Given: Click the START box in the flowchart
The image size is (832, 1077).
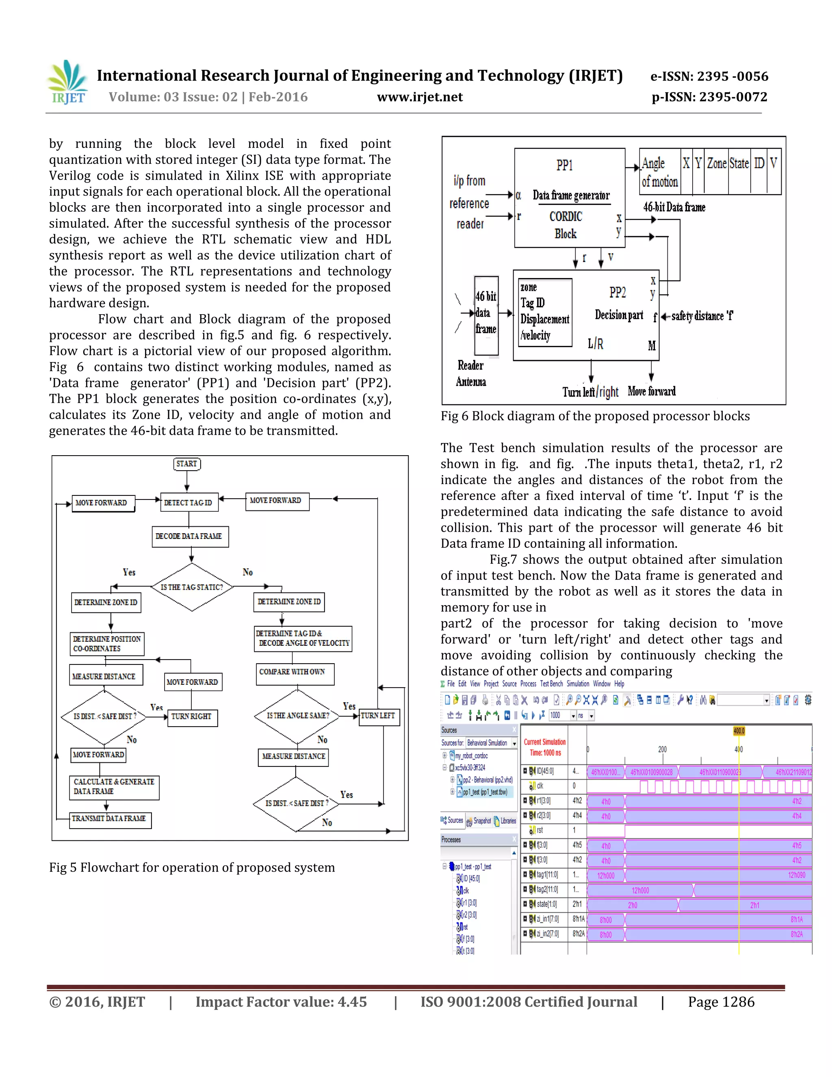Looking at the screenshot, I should click(x=187, y=464).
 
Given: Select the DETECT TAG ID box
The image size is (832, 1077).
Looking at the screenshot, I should click(x=188, y=502).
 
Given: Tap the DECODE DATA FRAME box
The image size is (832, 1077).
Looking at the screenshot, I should click(x=189, y=536).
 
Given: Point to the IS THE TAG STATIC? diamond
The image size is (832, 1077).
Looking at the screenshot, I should click(x=192, y=587).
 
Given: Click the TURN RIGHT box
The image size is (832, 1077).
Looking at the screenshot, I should click(x=191, y=716).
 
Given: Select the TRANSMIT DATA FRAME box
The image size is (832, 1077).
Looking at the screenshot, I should click(x=109, y=819).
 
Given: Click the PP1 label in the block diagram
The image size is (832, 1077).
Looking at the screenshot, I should click(x=565, y=165).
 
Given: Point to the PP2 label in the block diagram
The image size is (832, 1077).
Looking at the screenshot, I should click(x=617, y=293).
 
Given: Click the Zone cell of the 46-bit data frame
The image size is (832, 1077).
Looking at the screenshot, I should click(x=717, y=163).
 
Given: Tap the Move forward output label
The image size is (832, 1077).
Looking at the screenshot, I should click(x=652, y=391).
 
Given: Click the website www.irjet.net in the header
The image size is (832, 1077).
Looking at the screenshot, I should click(x=420, y=97).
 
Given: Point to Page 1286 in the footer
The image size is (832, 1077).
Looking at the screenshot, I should click(x=721, y=1002).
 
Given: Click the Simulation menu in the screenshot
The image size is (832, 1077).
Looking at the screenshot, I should click(x=578, y=684).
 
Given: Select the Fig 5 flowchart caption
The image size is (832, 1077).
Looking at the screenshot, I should click(x=192, y=867).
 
